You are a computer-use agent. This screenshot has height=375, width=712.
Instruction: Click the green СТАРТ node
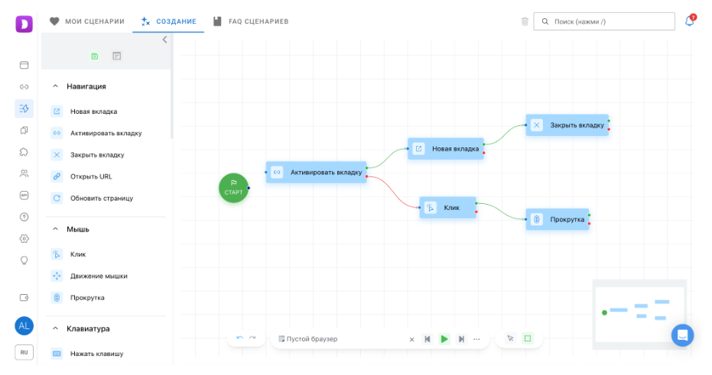[233, 188]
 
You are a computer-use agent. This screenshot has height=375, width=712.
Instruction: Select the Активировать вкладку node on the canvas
[317, 173]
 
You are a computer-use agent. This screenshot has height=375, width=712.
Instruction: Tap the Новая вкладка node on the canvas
[446, 149]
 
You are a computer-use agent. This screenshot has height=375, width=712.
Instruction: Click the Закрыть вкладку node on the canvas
[567, 125]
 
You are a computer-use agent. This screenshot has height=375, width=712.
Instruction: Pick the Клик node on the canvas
[447, 208]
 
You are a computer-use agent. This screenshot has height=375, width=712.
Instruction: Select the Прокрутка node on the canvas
[558, 219]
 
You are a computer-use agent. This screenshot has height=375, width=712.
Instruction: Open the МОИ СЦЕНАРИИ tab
[86, 21]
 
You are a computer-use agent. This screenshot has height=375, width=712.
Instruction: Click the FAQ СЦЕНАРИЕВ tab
[251, 21]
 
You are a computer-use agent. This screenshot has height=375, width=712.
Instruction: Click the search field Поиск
[604, 21]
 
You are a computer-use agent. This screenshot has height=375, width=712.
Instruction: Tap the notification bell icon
[690, 21]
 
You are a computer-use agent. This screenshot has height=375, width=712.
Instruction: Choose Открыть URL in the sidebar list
[91, 176]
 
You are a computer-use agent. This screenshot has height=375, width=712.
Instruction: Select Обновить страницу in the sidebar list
[102, 198]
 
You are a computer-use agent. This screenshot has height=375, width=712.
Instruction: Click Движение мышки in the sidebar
[99, 276]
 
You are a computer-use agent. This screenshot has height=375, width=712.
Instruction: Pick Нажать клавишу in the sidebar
[96, 354]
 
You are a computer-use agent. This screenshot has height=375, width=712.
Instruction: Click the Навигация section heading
[86, 86]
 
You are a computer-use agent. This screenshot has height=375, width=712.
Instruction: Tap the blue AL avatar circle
[24, 326]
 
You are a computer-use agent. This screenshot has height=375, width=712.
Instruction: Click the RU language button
[24, 352]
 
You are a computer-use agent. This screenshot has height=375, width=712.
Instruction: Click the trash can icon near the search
[525, 21]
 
